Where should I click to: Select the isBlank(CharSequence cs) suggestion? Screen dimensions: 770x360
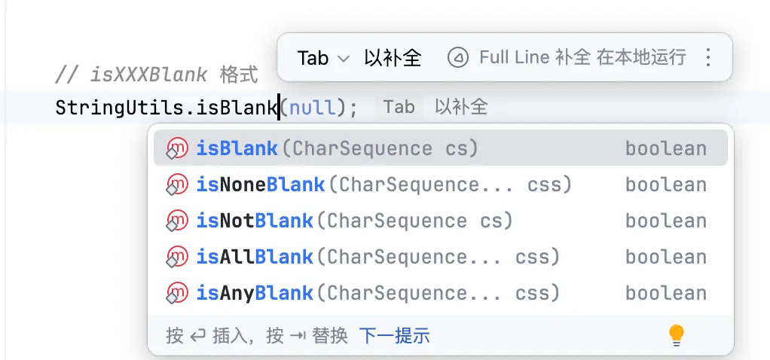pyautogui.click(x=338, y=148)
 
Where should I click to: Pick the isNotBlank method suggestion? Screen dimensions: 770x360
pyautogui.click(x=354, y=221)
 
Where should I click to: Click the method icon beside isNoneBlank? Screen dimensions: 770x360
pyautogui.click(x=176, y=185)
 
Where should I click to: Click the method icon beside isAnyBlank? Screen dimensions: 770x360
pyautogui.click(x=176, y=294)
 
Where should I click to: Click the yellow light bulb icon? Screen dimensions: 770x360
pyautogui.click(x=677, y=335)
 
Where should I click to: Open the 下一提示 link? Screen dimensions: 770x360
pyautogui.click(x=394, y=335)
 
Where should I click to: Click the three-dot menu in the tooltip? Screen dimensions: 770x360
pyautogui.click(x=707, y=57)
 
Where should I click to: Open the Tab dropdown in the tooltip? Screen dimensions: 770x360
pyautogui.click(x=323, y=58)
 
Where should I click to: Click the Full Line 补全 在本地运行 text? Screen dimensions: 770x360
pyautogui.click(x=582, y=57)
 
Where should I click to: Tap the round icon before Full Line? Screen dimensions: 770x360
pyautogui.click(x=457, y=57)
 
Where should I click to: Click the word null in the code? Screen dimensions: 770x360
pyautogui.click(x=312, y=108)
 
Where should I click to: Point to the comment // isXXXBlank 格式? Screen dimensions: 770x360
pyautogui.click(x=157, y=75)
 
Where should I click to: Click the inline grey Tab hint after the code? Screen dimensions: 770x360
pyautogui.click(x=399, y=107)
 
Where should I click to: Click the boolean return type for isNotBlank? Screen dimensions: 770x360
pyautogui.click(x=665, y=221)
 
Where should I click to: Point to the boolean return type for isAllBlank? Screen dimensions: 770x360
pyautogui.click(x=665, y=257)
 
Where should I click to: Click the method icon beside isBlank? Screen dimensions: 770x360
pyautogui.click(x=176, y=149)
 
